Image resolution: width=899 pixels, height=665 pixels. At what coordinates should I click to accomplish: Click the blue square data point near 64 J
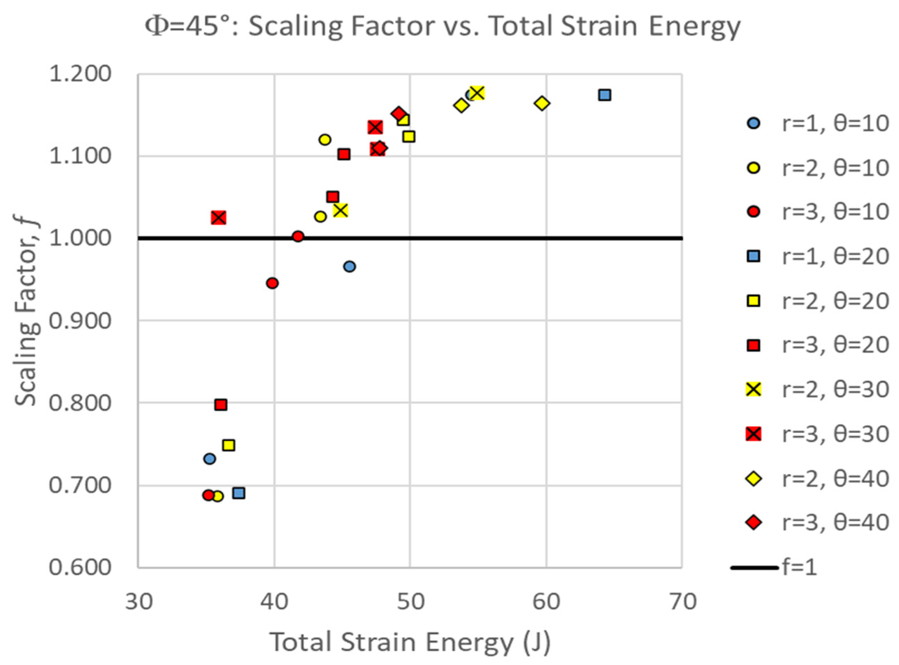click(605, 95)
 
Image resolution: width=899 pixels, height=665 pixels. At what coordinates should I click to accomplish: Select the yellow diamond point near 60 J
click(542, 103)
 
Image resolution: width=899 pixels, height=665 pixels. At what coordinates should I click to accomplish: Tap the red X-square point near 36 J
click(218, 218)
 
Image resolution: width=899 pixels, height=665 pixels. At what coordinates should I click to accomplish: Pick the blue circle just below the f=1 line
click(349, 266)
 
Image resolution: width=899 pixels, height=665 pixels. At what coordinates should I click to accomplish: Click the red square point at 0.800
click(221, 404)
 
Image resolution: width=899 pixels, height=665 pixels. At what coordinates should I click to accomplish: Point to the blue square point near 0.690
click(239, 493)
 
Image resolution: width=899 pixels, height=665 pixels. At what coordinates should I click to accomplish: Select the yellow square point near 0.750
click(228, 445)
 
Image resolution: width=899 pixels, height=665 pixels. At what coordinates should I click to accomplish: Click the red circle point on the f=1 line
click(298, 236)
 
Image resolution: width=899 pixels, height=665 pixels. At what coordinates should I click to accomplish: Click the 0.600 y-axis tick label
click(80, 568)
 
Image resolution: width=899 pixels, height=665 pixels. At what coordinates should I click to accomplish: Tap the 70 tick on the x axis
click(682, 603)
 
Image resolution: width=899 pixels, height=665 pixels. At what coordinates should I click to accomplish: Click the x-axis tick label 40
click(274, 603)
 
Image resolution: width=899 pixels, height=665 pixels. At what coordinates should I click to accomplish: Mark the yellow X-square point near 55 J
click(477, 93)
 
